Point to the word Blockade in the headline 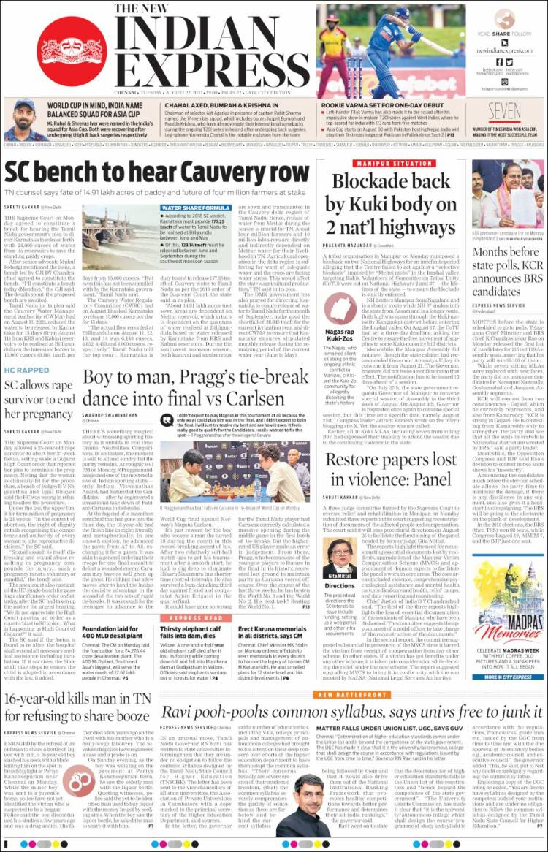click(379, 181)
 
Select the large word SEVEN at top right click(504, 112)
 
